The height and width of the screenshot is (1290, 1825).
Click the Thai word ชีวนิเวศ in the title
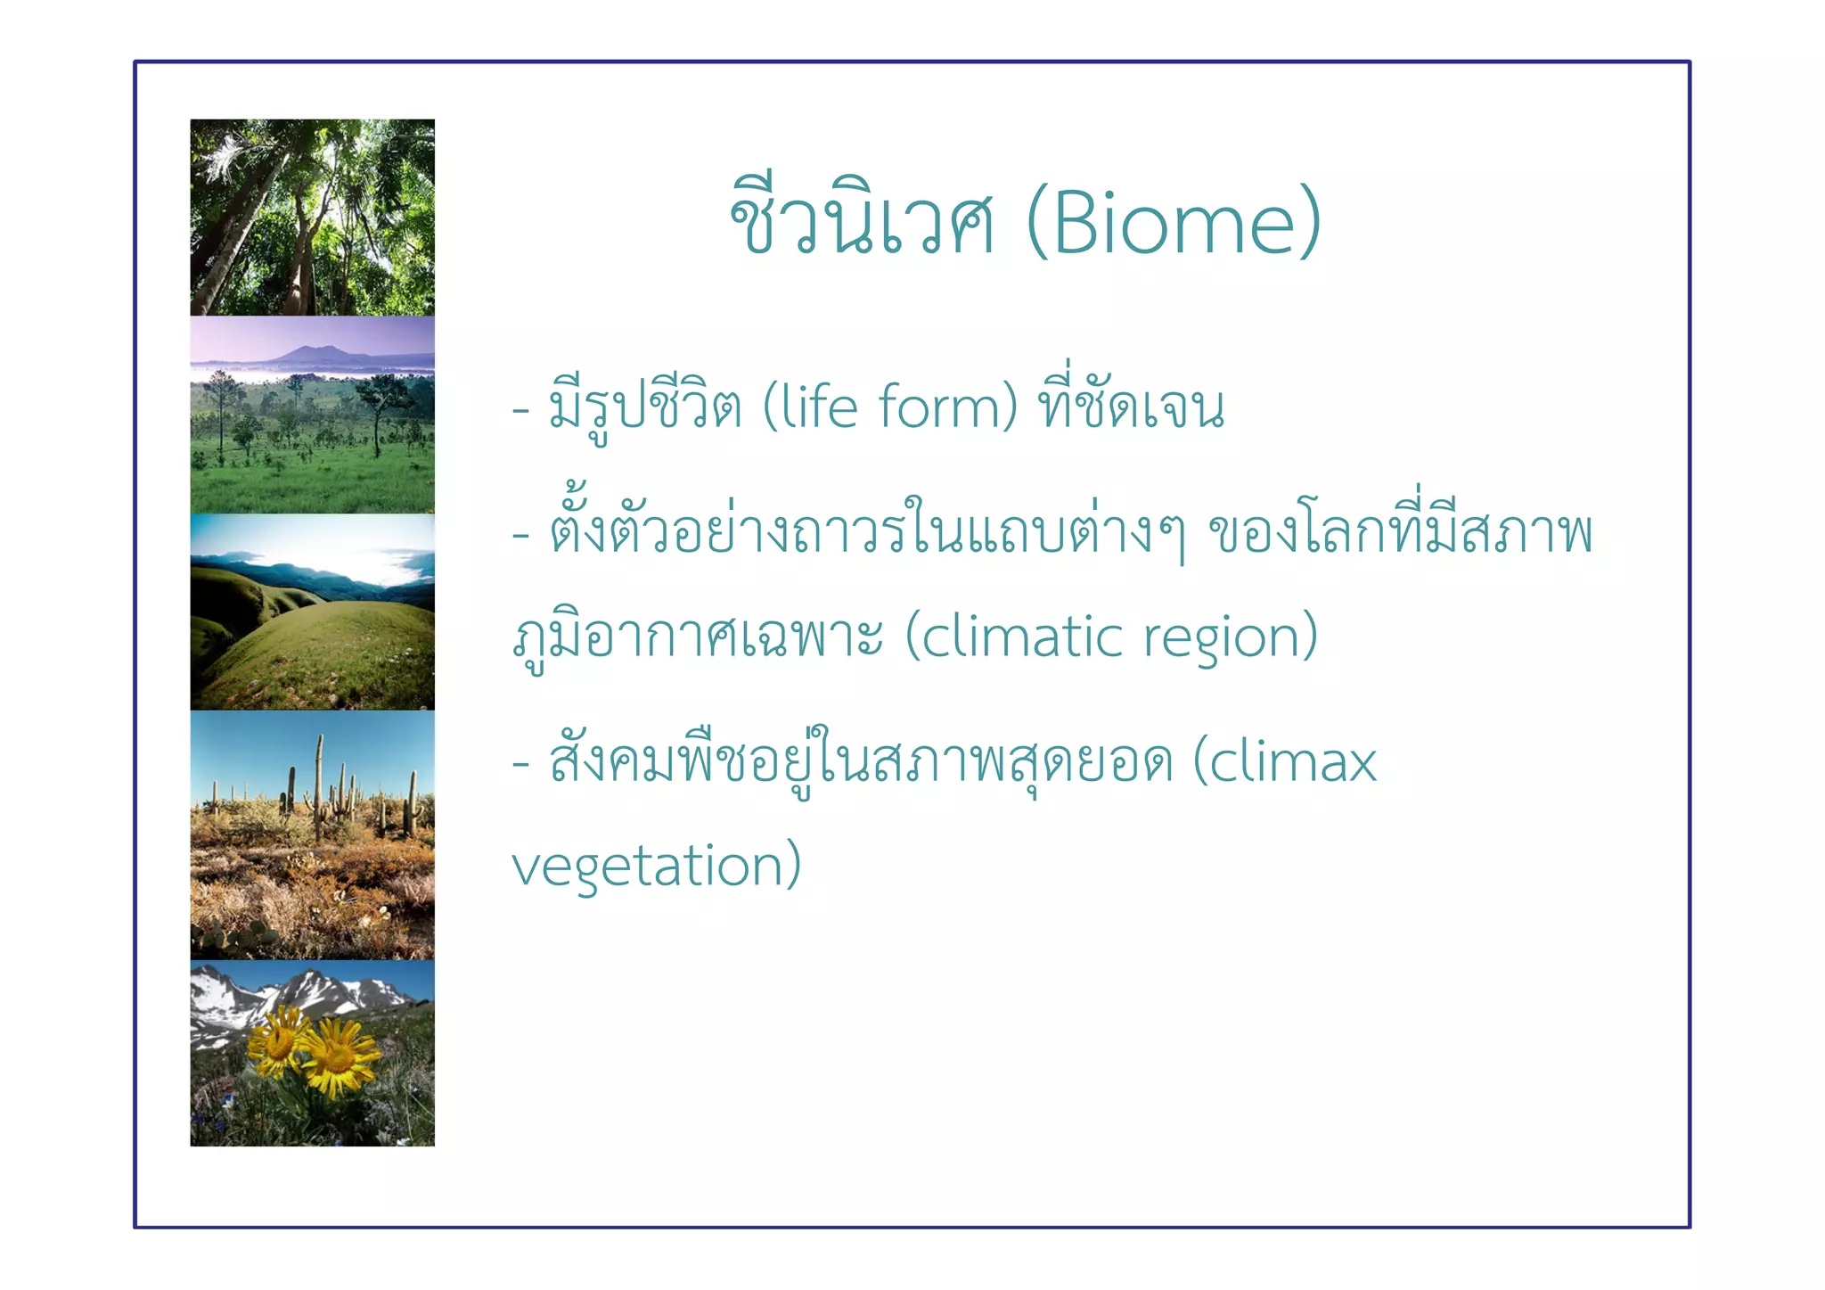[x=862, y=224]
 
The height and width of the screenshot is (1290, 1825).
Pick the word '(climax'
[x=1284, y=762]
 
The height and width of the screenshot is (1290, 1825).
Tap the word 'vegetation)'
[x=657, y=867]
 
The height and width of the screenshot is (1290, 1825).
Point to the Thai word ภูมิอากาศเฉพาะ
[x=698, y=637]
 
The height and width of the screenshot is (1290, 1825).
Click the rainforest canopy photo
[x=312, y=218]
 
